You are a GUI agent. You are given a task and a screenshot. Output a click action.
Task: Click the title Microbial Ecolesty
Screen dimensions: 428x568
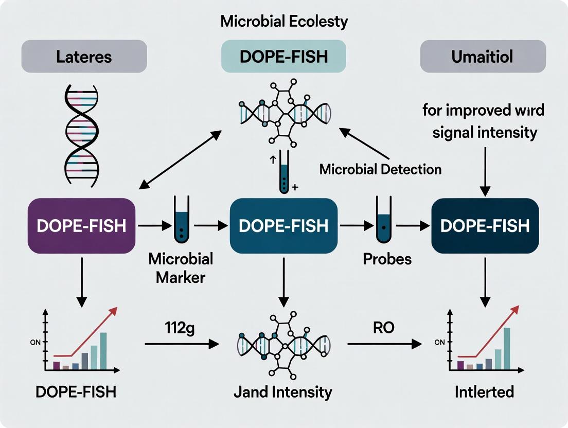coord(284,22)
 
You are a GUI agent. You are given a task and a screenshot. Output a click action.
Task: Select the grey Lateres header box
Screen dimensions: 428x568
coord(84,56)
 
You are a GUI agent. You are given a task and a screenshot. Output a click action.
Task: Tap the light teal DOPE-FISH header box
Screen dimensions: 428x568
coord(283,56)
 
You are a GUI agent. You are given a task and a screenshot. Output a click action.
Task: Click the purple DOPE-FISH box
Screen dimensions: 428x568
coord(81,226)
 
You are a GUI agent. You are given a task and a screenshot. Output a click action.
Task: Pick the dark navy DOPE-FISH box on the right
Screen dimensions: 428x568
coord(485,226)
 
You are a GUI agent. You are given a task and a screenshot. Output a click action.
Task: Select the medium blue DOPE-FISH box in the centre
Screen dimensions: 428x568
coord(283,226)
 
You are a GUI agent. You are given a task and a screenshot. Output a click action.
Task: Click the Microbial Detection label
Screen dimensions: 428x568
coord(380,169)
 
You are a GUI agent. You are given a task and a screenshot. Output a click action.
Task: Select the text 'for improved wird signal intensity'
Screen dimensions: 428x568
coord(484,121)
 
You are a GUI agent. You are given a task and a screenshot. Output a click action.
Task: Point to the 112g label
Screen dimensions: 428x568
coord(180,328)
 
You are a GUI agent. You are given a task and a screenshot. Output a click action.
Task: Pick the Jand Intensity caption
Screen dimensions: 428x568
coord(282,392)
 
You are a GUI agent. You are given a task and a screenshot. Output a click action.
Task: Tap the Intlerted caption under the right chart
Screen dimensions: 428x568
coord(484,392)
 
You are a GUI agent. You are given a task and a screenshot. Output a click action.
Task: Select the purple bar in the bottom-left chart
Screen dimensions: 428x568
coord(57,365)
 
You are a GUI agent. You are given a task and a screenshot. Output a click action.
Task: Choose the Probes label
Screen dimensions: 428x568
coord(387,259)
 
